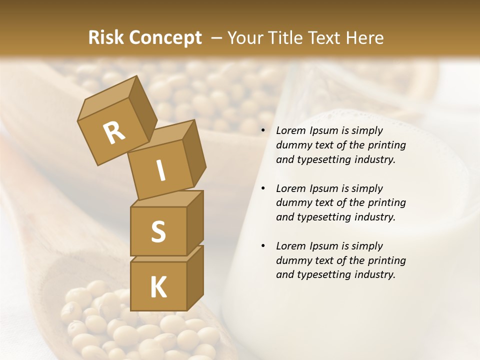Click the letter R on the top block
pyautogui.click(x=114, y=133)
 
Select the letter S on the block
pyautogui.click(x=158, y=231)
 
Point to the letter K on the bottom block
pyautogui.click(x=158, y=287)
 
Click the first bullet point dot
pyautogui.click(x=263, y=131)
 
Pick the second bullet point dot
pyautogui.click(x=263, y=188)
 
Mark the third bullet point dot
pyautogui.click(x=263, y=246)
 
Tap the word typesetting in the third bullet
pyautogui.click(x=320, y=275)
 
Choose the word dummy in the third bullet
pyautogui.click(x=292, y=260)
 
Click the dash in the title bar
pyautogui.click(x=216, y=38)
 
